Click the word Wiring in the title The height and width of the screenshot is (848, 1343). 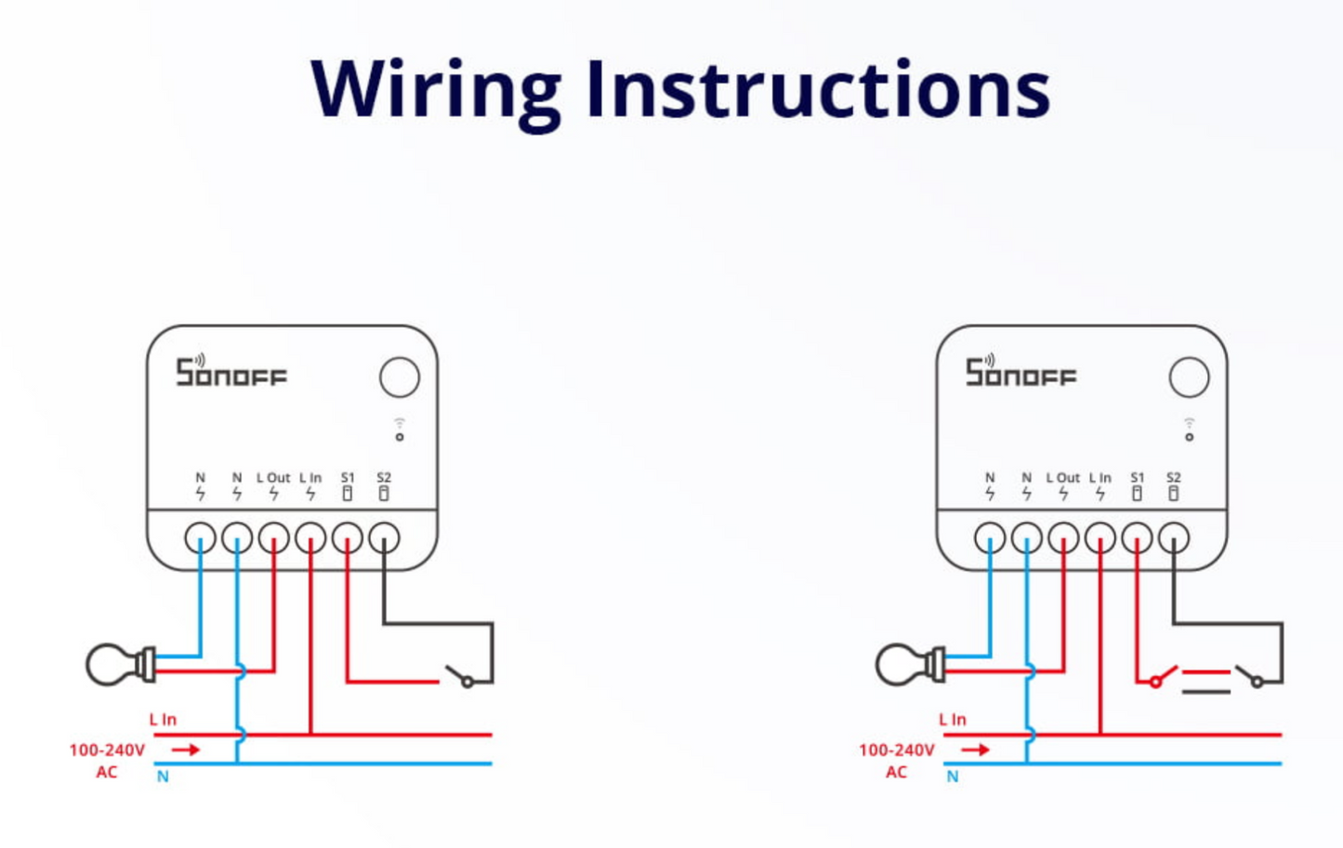pos(435,90)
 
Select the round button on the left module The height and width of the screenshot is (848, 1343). pos(400,377)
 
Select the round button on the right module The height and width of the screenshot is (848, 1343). pos(1189,377)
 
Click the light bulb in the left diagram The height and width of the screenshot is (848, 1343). pos(116,665)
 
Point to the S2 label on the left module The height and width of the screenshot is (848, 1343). pos(384,477)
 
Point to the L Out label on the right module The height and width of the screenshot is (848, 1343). pos(1063,477)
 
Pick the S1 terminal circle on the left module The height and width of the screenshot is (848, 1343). pos(348,538)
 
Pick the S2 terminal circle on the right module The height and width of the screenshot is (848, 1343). pos(1174,538)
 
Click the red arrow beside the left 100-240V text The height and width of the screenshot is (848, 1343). pos(186,750)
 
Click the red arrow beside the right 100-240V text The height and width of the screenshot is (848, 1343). pos(975,750)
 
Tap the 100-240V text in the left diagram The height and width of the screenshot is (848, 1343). pos(107,750)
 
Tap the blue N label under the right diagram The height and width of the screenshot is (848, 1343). pos(953,776)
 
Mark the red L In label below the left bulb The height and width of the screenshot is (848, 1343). pos(163,720)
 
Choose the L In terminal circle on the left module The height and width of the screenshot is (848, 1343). pos(310,538)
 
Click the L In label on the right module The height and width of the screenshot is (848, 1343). pos(1100,477)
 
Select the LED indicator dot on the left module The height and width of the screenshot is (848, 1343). pos(400,437)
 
